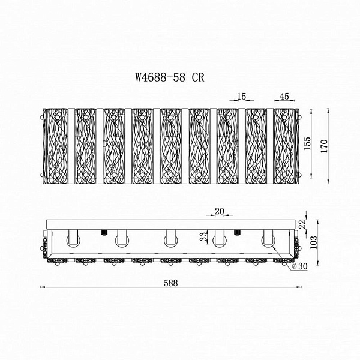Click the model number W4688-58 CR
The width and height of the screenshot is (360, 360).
pyautogui.click(x=170, y=77)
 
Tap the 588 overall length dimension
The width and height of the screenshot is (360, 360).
pyautogui.click(x=171, y=283)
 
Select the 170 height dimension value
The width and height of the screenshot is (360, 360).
pyautogui.click(x=324, y=146)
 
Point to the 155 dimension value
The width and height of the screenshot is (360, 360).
pyautogui.click(x=307, y=143)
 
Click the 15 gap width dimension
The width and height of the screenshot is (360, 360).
pyautogui.click(x=242, y=97)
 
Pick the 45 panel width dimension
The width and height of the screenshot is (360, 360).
pyautogui.click(x=284, y=97)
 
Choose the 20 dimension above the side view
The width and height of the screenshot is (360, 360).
pyautogui.click(x=220, y=211)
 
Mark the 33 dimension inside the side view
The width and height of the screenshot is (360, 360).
pyautogui.click(x=203, y=237)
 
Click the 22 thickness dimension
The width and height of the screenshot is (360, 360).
pyautogui.click(x=303, y=224)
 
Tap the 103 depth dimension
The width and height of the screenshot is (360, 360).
pyautogui.click(x=313, y=242)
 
